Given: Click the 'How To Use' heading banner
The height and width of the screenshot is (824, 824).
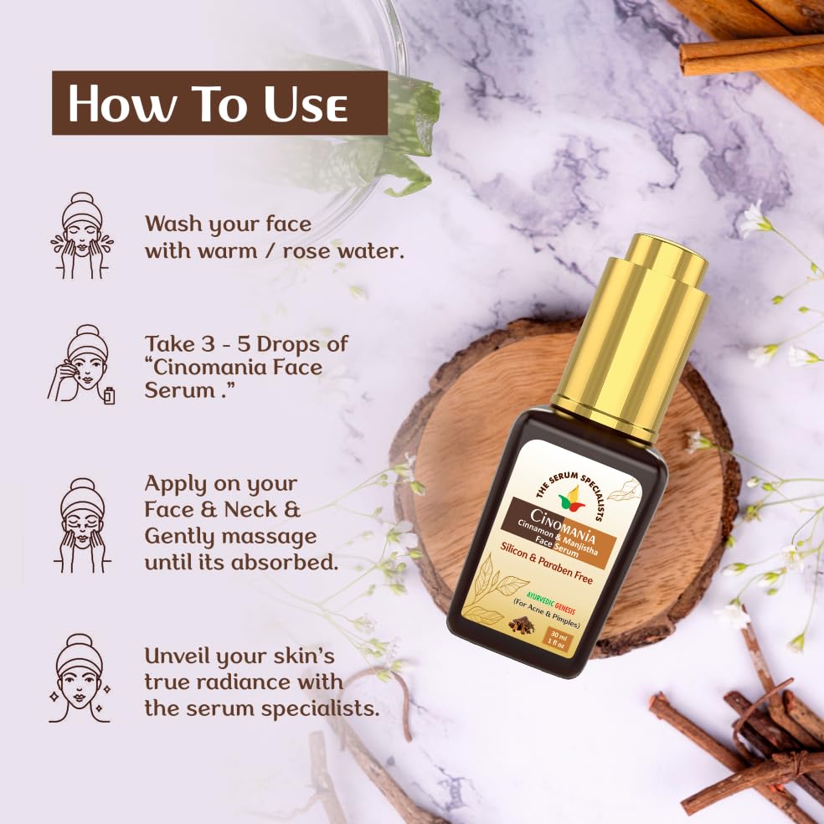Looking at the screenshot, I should point(219,103).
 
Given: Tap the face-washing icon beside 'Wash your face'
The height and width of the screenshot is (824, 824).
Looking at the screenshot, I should point(81,235).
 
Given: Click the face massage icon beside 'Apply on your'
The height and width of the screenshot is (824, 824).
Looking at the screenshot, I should point(82,525).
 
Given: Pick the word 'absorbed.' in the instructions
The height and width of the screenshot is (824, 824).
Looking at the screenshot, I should point(285,563).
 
